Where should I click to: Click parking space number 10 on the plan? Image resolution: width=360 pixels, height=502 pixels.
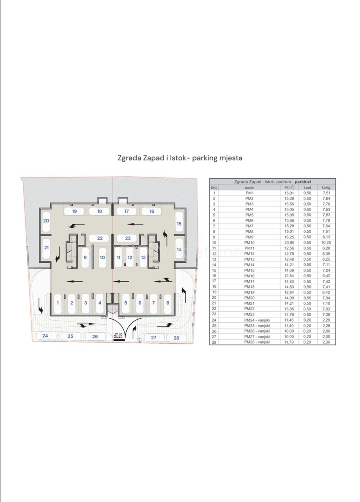tap(102, 258)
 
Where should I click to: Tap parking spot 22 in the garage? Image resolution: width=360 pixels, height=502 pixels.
tap(100, 238)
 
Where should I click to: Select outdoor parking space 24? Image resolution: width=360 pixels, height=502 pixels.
tap(45, 336)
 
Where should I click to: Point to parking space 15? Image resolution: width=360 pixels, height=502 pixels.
tap(179, 224)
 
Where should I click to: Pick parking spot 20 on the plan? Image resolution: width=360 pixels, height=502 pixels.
tap(46, 221)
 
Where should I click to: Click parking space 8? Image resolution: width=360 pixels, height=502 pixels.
tap(168, 303)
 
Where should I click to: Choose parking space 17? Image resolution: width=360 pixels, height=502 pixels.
tap(127, 211)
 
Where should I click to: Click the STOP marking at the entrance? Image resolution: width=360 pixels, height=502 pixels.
tap(119, 336)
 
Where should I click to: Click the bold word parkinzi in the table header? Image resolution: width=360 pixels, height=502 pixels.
tap(303, 182)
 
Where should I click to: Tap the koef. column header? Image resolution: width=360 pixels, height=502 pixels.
tap(308, 188)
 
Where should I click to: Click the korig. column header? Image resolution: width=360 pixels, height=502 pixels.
tap(326, 187)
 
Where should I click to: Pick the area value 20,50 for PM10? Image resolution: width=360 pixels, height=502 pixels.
tap(289, 243)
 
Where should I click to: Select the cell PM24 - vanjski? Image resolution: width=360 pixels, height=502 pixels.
tap(257, 320)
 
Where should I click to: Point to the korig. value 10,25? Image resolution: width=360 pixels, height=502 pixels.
tap(326, 243)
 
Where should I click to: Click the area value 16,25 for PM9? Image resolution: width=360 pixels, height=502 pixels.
tap(289, 237)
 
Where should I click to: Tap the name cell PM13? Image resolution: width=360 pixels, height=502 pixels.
tap(250, 259)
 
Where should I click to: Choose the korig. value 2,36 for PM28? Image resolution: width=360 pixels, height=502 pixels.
tap(326, 342)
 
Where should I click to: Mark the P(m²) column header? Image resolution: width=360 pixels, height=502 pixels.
tap(289, 187)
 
